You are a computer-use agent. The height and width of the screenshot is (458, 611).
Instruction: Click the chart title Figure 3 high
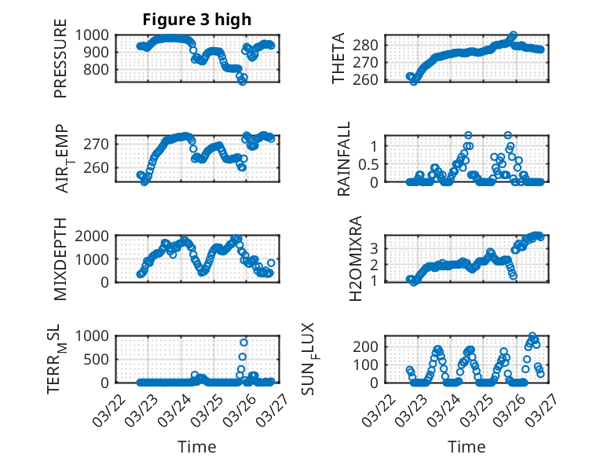197,20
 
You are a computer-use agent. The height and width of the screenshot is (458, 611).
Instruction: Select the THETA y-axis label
338,57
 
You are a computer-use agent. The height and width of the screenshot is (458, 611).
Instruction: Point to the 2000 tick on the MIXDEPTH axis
93,236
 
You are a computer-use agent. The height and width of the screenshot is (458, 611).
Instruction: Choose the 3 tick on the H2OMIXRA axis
375,247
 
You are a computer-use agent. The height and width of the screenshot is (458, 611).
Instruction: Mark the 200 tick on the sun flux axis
370,346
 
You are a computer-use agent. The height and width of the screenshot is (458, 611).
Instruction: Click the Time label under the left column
197,447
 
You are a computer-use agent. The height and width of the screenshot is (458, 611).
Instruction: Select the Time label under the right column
466,447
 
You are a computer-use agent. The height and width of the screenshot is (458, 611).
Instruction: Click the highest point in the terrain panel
243,343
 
